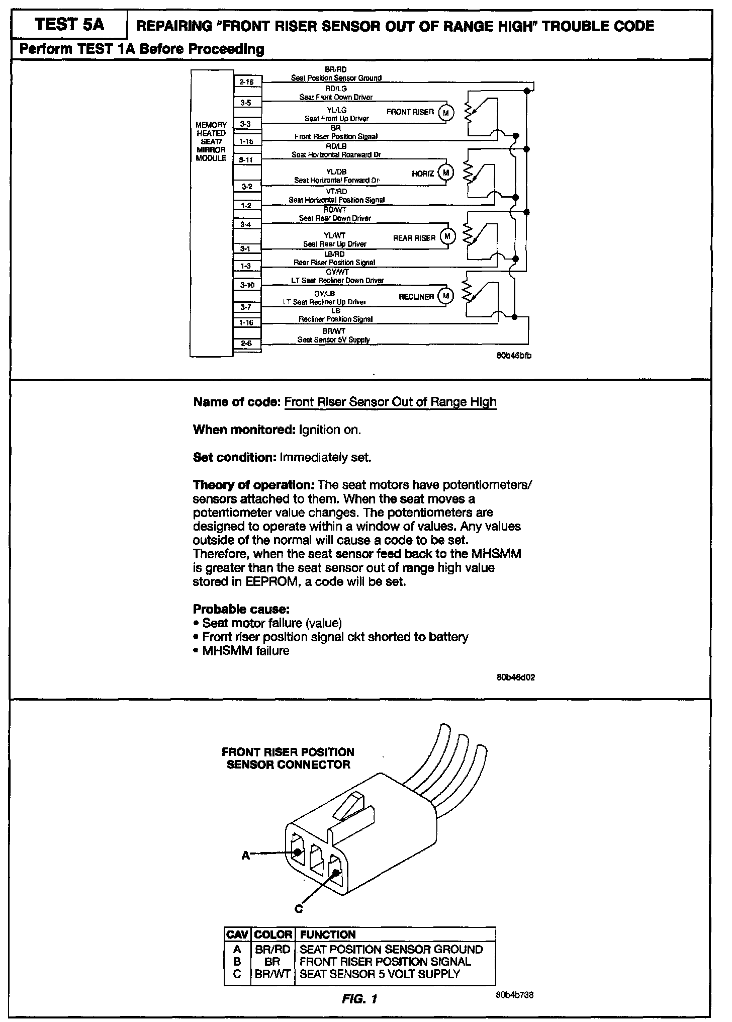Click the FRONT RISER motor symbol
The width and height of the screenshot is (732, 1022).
pos(445,113)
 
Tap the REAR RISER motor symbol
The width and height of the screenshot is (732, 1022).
pos(447,236)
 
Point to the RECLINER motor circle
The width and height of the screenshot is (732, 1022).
pos(445,296)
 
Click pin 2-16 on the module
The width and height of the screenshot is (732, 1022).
pos(247,81)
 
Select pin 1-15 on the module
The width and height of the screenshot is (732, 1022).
pos(247,142)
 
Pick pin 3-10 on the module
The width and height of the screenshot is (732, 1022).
pos(247,285)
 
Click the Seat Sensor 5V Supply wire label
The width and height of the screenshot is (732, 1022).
pos(333,340)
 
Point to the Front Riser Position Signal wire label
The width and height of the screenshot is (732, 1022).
pos(336,136)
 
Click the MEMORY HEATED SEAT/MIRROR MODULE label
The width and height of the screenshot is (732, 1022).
pos(211,141)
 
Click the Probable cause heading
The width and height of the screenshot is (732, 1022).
pos(241,609)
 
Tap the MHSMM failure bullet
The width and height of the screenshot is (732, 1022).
pos(245,650)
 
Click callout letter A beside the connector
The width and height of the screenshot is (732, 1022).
pos(245,855)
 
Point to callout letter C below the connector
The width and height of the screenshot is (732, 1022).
pos(299,909)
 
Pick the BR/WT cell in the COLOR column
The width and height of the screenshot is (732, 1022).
pos(273,974)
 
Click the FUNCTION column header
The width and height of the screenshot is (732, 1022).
pos(327,934)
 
